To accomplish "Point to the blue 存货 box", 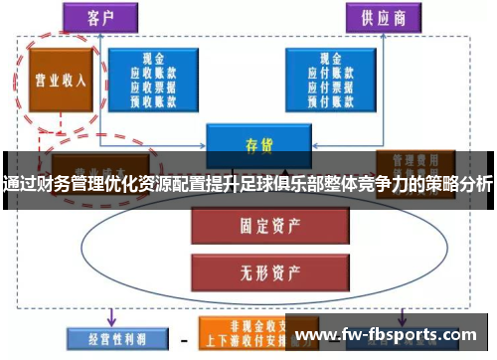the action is (250, 142).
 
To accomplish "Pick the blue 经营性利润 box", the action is (106, 336).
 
